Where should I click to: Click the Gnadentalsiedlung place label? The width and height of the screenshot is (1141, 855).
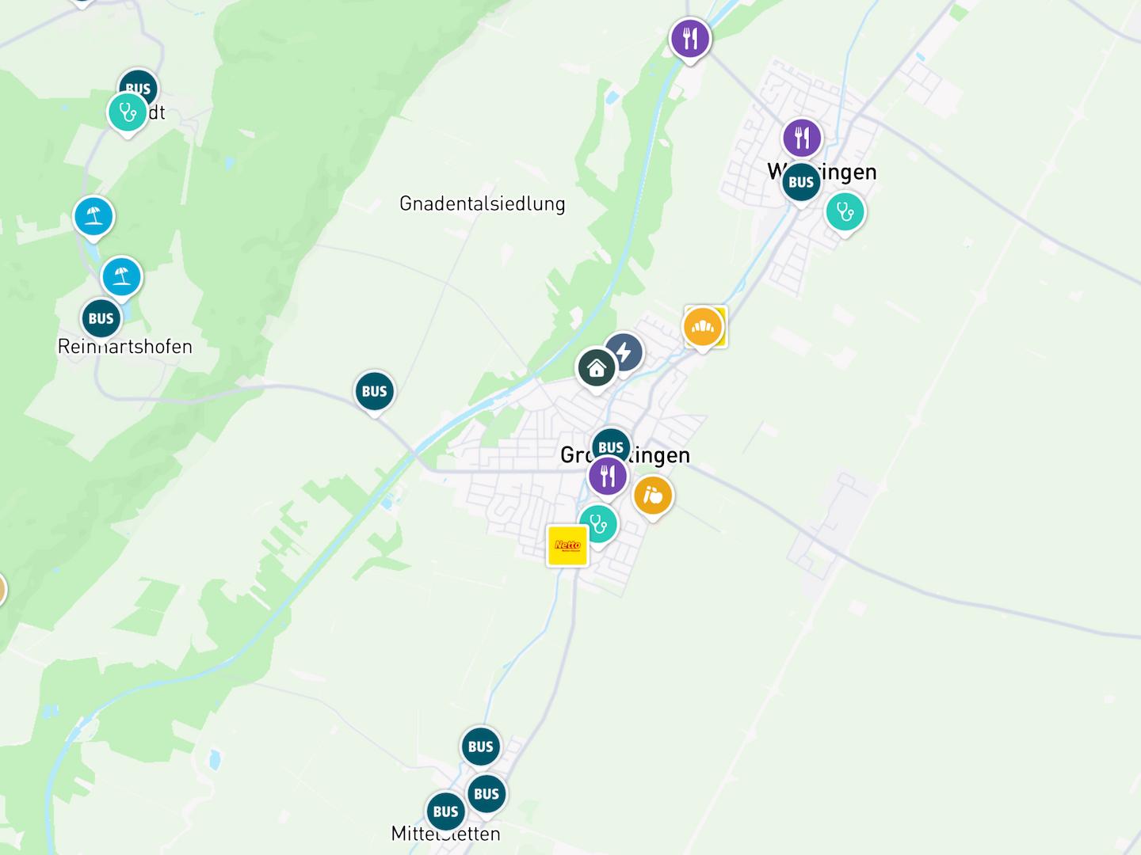[x=482, y=203]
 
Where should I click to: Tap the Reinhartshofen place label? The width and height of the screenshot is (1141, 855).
[x=125, y=347]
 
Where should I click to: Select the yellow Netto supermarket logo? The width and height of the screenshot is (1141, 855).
[x=567, y=545]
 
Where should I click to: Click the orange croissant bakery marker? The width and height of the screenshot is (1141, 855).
[x=702, y=326]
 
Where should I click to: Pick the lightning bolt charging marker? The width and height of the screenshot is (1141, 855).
[x=624, y=352]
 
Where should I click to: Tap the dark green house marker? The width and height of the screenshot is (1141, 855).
[x=597, y=368]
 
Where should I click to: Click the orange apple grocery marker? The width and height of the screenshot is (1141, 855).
[x=653, y=496]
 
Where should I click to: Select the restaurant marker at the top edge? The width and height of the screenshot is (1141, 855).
[x=690, y=38]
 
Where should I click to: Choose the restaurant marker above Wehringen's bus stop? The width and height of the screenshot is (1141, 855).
[x=802, y=139]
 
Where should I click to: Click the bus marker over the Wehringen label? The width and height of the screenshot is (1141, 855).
[x=801, y=182]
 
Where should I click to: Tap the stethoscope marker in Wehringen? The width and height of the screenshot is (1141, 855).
[x=845, y=212]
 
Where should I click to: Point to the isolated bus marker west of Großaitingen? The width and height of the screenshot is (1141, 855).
[x=375, y=391]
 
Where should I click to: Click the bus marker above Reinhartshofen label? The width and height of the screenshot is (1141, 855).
[x=101, y=318]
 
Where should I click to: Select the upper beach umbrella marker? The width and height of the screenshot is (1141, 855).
[x=93, y=215]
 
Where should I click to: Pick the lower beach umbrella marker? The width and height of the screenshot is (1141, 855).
[x=121, y=276]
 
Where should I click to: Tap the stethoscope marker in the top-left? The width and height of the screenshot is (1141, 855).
[x=127, y=112]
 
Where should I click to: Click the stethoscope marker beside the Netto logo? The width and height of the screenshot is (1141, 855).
[x=598, y=524]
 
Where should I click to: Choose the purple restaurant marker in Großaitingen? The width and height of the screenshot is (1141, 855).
[x=608, y=476]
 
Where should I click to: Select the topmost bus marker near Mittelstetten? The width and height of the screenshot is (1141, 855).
[x=481, y=747]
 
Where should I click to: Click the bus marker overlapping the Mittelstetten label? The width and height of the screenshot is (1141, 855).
[x=445, y=811]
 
